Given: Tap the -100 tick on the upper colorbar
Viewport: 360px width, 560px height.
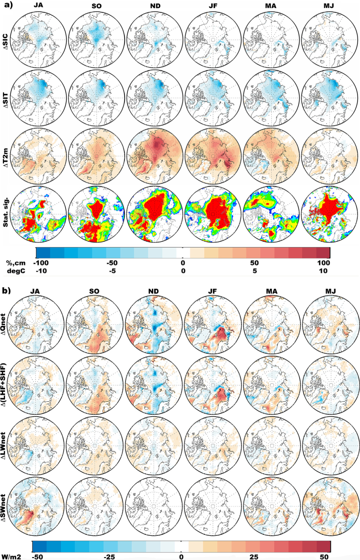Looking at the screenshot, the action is pyautogui.click(x=42, y=263).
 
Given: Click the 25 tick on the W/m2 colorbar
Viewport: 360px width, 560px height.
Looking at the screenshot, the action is pyautogui.click(x=253, y=556).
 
